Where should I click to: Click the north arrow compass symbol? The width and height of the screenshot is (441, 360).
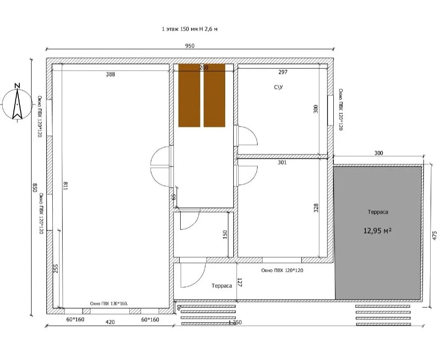(x=17, y=103)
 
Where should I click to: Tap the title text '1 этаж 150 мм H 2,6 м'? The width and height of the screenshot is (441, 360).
(x=190, y=29)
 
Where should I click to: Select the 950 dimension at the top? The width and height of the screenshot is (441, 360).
(x=190, y=46)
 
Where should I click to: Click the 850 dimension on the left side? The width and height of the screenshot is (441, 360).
(x=35, y=188)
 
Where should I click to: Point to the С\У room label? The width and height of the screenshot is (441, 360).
(x=278, y=87)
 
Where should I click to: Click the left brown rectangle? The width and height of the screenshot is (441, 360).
(x=189, y=95)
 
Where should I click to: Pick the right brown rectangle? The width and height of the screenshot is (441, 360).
(x=214, y=95)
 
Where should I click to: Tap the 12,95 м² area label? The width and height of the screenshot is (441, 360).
(x=378, y=231)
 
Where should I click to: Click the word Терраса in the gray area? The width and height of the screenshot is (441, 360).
(x=378, y=212)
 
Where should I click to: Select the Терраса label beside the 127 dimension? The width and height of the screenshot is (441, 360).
(x=222, y=286)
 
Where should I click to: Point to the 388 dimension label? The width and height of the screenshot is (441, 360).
(x=110, y=74)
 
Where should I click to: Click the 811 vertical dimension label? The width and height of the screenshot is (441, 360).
(x=65, y=186)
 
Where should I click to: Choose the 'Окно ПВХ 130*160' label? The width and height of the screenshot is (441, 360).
(x=109, y=303)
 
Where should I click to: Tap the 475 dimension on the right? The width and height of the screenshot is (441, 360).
(x=435, y=235)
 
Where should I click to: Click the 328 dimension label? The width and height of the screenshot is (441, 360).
(x=316, y=208)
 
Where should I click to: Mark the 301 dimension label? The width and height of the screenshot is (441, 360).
(x=282, y=162)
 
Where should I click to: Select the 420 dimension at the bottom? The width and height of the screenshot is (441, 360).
(x=110, y=322)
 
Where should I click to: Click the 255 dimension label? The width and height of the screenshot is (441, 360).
(x=56, y=269)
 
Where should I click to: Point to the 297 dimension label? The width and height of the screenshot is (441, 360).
(x=283, y=72)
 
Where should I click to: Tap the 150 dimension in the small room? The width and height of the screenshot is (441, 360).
(x=225, y=234)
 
